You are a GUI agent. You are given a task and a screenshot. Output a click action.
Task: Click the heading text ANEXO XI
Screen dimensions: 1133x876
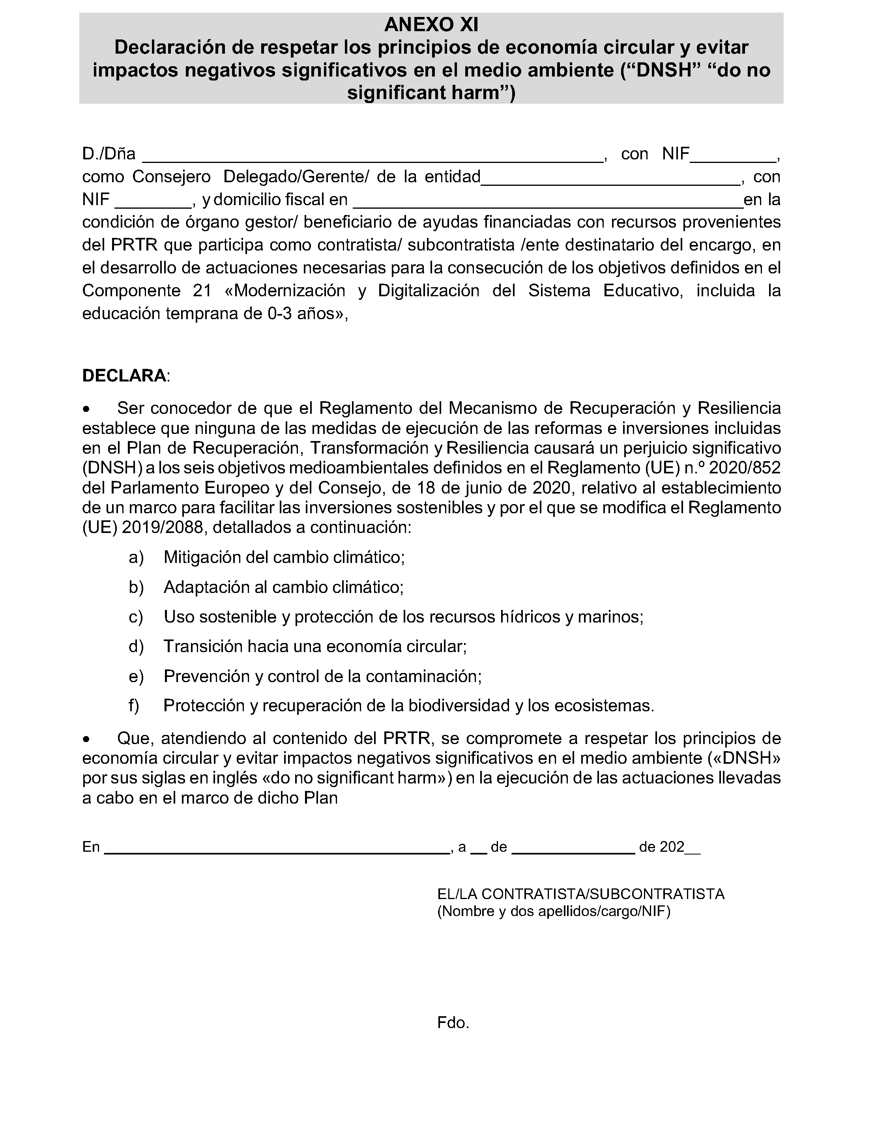click(x=431, y=24)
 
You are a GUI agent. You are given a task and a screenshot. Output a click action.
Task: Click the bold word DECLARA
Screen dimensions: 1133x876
click(x=124, y=376)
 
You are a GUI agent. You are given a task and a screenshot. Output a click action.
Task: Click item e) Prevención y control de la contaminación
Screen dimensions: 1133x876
click(x=322, y=676)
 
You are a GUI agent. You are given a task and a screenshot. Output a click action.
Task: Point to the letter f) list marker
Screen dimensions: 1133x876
click(x=134, y=705)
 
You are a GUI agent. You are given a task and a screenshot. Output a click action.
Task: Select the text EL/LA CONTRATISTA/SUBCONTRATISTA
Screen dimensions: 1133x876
click(x=581, y=894)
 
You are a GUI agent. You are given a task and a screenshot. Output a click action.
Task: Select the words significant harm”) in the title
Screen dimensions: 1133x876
click(x=431, y=92)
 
